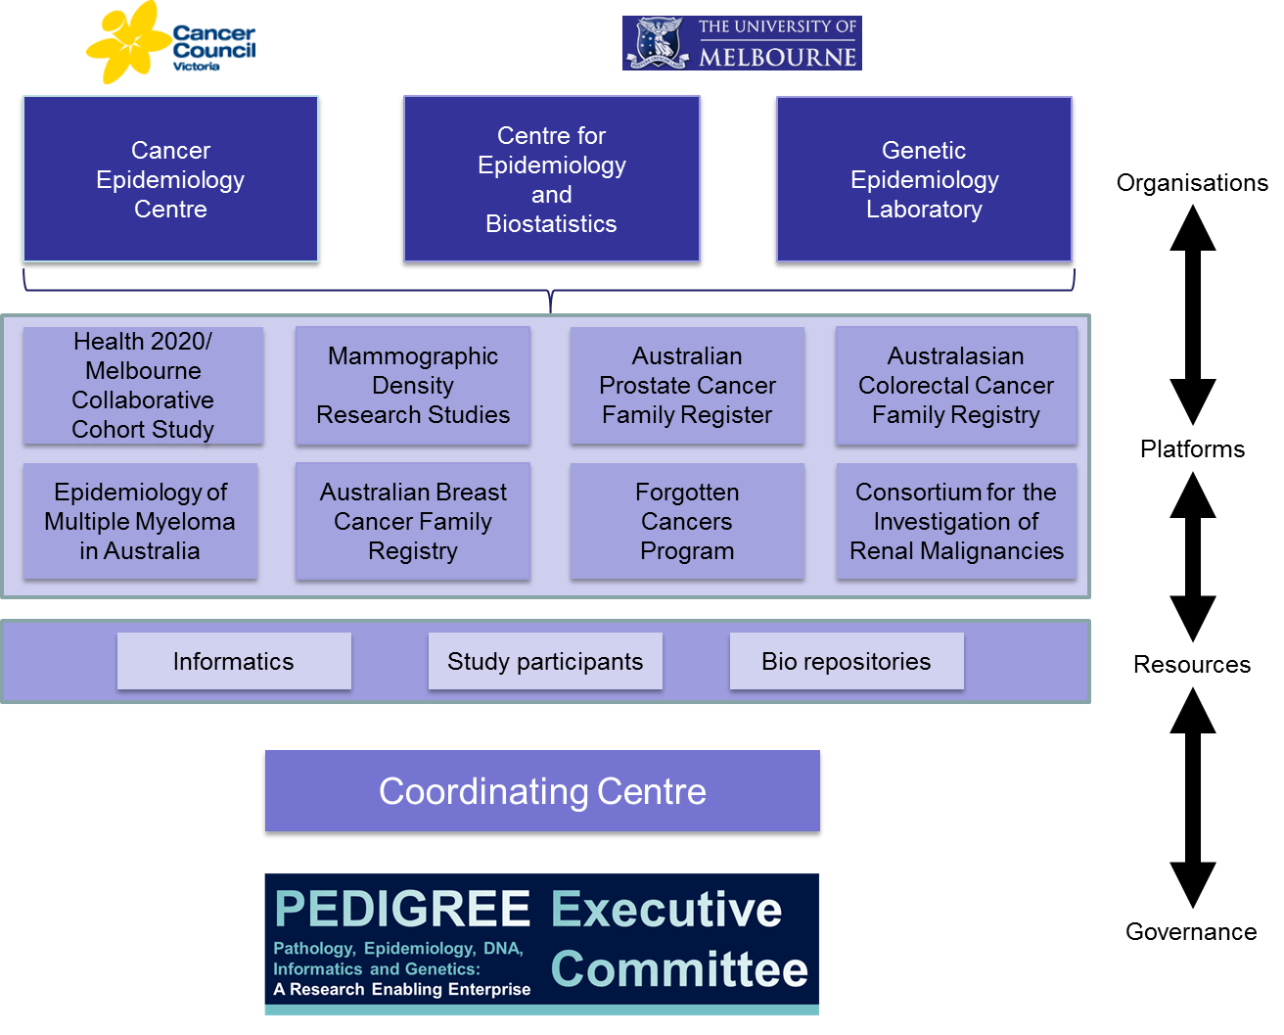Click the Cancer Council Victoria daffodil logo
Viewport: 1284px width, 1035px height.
(170, 42)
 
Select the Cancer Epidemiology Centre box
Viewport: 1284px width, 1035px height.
(170, 179)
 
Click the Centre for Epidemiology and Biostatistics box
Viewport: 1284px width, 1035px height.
(551, 179)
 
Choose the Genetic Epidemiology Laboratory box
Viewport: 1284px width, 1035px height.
(924, 179)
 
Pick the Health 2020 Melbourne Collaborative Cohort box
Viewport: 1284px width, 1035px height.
(143, 385)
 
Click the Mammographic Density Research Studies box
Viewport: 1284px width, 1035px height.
(413, 385)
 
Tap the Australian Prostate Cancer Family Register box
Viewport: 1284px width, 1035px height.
(687, 385)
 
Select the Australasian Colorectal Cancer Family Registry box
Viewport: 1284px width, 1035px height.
(956, 385)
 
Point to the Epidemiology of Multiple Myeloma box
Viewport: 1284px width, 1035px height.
(140, 521)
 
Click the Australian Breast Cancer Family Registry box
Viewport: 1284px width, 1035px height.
(413, 521)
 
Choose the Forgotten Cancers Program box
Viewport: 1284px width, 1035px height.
(687, 521)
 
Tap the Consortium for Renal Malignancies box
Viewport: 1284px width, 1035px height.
(956, 521)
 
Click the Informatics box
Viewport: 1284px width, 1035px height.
(234, 661)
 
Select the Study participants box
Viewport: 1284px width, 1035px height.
(545, 661)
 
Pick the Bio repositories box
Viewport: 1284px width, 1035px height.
(847, 661)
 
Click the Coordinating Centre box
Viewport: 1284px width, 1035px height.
(542, 791)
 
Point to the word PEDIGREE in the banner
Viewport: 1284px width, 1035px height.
(402, 909)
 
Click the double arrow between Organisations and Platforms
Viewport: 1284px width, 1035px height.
(1192, 314)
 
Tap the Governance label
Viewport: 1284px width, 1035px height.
(1191, 932)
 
